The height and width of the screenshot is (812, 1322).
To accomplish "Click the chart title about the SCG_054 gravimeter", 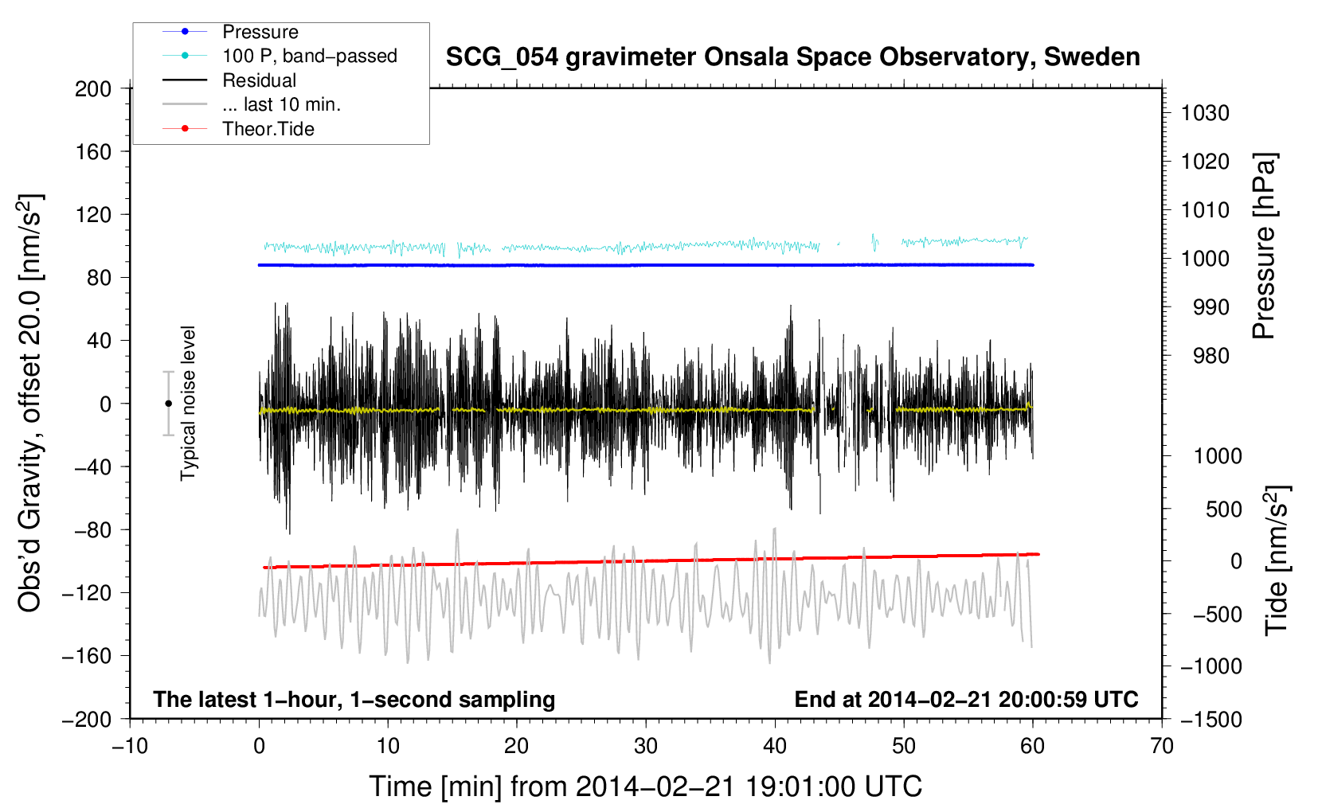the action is click(792, 57).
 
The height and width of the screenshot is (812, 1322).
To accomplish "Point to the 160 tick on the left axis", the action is click(93, 152).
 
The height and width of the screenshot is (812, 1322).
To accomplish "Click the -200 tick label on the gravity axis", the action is click(87, 720).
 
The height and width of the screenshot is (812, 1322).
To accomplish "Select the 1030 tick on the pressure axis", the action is click(1205, 113).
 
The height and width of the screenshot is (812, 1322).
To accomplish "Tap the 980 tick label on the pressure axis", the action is click(1211, 356).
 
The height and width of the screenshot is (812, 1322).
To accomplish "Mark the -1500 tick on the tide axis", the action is click(1211, 720).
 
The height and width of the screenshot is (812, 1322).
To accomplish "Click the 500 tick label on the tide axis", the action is click(1223, 509).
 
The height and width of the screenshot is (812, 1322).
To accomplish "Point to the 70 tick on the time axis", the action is click(1162, 746).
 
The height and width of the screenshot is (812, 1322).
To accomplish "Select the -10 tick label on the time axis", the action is click(130, 746).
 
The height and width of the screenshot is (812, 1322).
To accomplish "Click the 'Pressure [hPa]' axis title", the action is click(1264, 246).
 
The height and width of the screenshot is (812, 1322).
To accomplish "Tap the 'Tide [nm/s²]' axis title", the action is click(1277, 560).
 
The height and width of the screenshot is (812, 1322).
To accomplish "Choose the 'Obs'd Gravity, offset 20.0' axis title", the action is click(29, 403).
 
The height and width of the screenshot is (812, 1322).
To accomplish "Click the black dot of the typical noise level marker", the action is click(168, 404).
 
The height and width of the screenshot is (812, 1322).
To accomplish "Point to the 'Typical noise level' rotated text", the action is click(188, 404).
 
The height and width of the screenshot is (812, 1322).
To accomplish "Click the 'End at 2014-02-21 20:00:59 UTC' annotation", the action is click(966, 699).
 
